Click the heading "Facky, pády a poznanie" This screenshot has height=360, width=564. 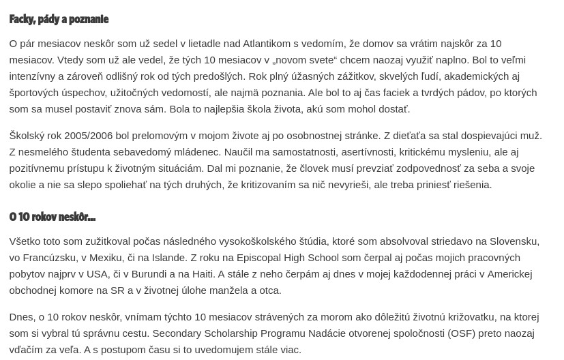59,19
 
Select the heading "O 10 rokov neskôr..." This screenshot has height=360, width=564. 52,217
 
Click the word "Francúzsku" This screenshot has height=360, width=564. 49,257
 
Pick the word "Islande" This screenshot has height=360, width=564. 167,257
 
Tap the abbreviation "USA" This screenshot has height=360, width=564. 97,273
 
